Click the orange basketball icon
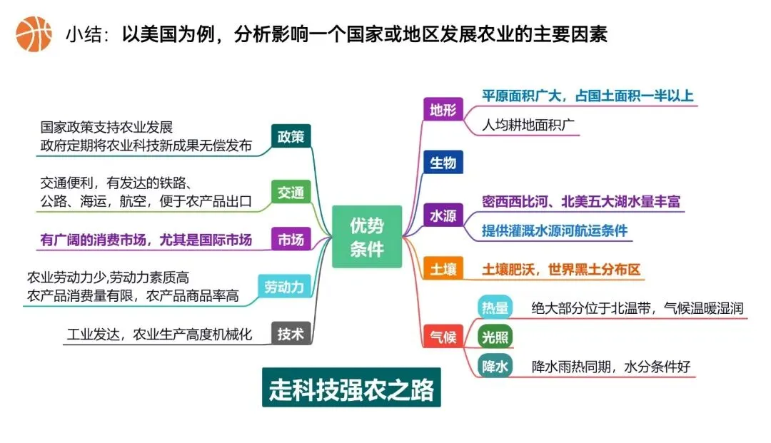click(x=34, y=34)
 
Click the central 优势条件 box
click(x=367, y=237)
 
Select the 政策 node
click(x=291, y=136)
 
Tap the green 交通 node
click(x=291, y=192)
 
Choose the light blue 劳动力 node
click(x=284, y=287)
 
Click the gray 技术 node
click(x=291, y=333)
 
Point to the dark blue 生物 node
click(x=443, y=163)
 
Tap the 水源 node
click(x=443, y=215)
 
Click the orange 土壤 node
click(x=443, y=269)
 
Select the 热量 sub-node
click(x=495, y=308)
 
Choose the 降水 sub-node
click(x=495, y=367)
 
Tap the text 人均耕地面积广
click(x=530, y=126)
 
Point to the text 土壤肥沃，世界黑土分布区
click(x=561, y=270)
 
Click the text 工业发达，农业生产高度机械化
click(x=159, y=334)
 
